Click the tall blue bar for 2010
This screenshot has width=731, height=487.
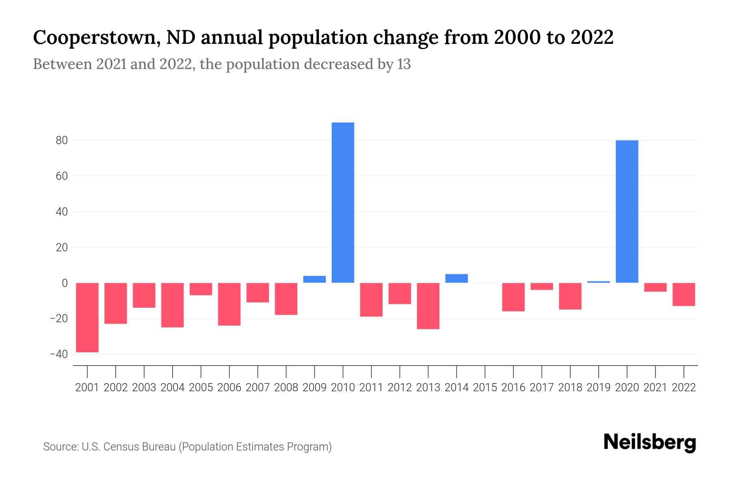(343, 203)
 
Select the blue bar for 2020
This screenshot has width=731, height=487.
(627, 211)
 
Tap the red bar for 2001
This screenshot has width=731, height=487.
(87, 317)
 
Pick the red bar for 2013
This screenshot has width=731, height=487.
(428, 306)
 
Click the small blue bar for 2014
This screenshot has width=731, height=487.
(456, 278)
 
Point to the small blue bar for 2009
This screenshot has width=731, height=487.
(314, 279)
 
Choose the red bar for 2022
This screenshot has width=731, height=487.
(683, 294)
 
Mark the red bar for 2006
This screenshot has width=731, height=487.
(229, 304)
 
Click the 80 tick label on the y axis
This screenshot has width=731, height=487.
(59, 140)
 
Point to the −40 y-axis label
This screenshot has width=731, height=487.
(58, 354)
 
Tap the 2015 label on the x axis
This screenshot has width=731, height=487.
(485, 388)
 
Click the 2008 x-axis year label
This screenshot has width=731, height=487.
(286, 388)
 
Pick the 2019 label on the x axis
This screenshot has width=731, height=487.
(598, 388)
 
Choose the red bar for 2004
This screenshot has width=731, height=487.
(172, 305)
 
